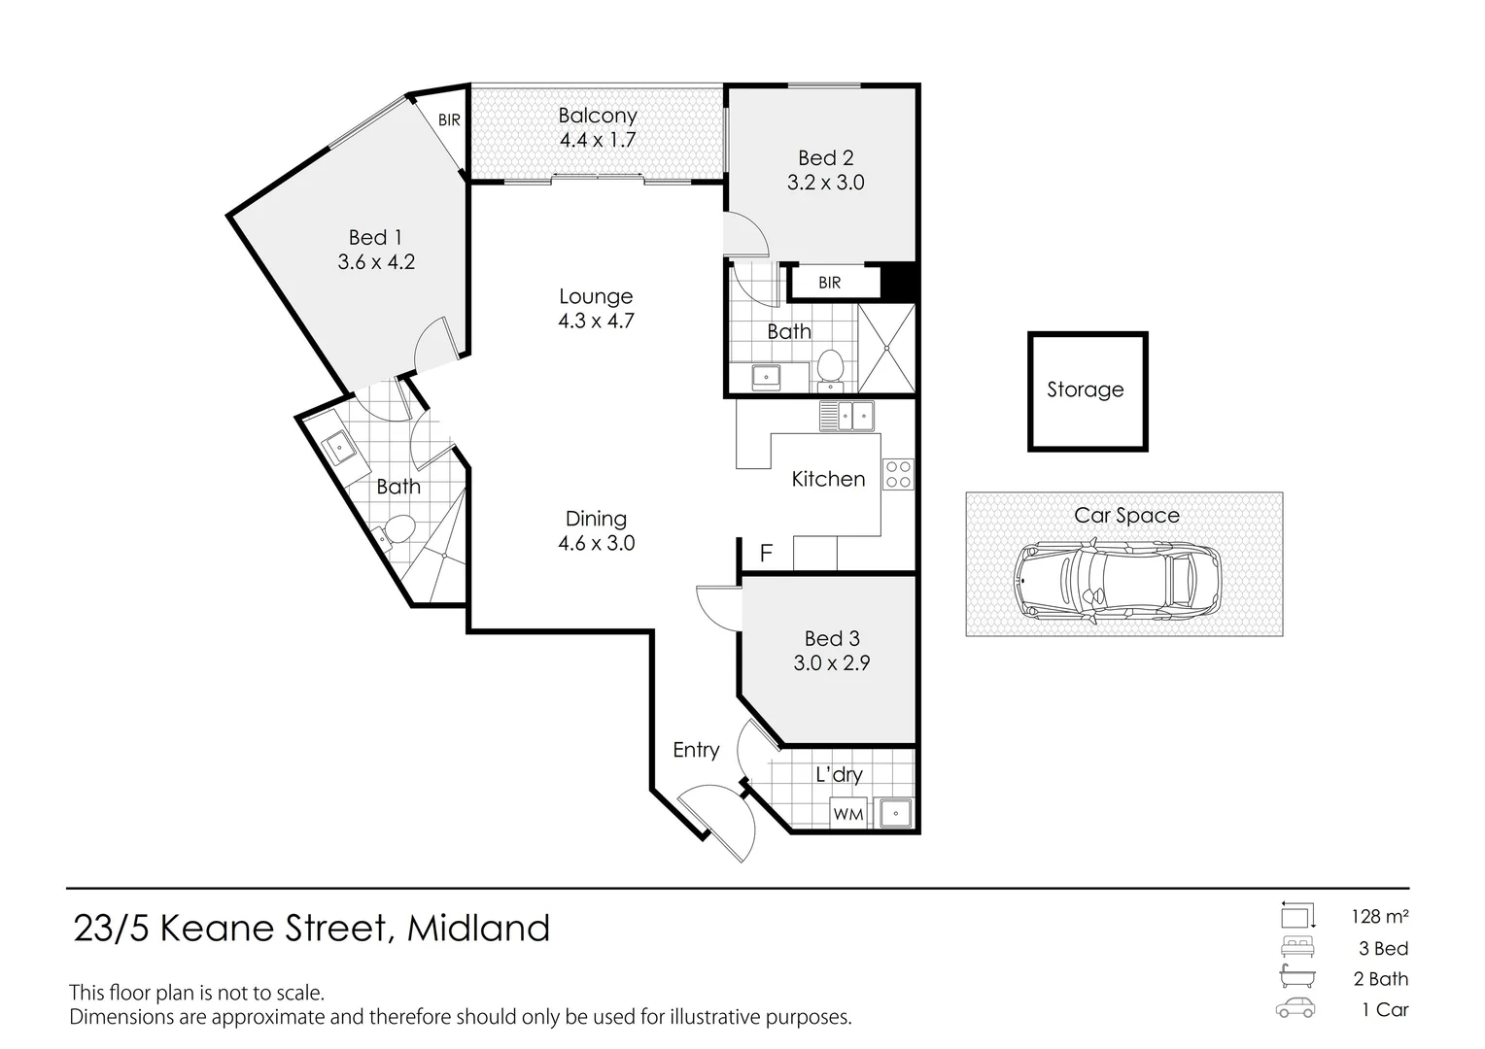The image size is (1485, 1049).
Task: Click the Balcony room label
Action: point(598,116)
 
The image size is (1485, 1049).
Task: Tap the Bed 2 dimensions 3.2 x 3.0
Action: point(825,183)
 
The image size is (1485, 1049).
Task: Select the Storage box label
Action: point(1086,389)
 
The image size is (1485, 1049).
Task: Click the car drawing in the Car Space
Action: point(1117,581)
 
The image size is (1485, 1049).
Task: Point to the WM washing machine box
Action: point(847,813)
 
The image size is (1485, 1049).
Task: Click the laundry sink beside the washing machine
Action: point(895,813)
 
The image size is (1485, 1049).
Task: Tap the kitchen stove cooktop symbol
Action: point(898,474)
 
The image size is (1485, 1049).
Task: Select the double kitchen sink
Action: point(846,416)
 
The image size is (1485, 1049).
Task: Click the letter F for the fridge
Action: point(766,553)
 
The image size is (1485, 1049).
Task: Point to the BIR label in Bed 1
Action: point(449,119)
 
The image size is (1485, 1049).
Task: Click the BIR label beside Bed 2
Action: point(829,283)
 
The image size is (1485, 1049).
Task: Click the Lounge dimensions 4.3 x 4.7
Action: point(596,321)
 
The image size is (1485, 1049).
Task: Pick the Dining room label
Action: point(596,519)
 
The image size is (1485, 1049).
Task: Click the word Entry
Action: point(696,750)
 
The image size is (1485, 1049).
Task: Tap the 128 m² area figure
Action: point(1380,916)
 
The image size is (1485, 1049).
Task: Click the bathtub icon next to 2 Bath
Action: point(1297,976)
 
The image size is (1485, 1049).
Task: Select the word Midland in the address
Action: point(478,928)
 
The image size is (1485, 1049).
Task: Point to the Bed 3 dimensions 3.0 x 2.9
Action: point(831,662)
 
